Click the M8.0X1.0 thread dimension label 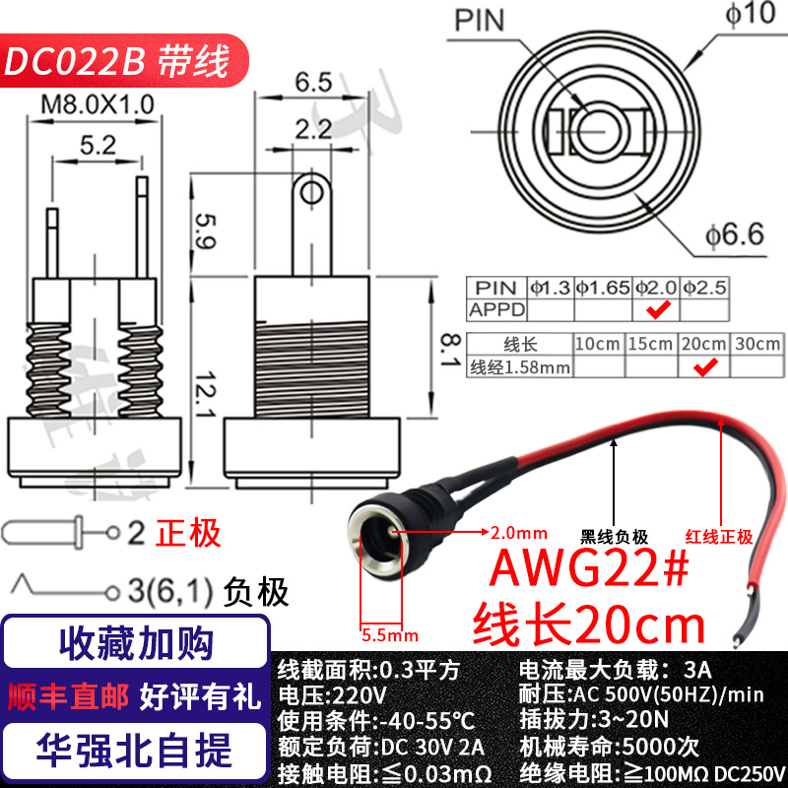(98, 105)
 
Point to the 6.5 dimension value (313, 82)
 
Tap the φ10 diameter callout (750, 14)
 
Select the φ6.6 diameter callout (735, 234)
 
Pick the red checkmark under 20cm (705, 367)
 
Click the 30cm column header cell (757, 344)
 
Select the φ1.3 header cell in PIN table (551, 288)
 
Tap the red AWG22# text (589, 568)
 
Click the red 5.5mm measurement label (390, 635)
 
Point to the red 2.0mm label (519, 533)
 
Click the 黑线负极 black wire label (614, 537)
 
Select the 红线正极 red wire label (719, 537)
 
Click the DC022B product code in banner (75, 61)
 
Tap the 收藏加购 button (136, 643)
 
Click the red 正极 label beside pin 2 (188, 533)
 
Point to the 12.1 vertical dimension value (205, 395)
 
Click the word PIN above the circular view (479, 21)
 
